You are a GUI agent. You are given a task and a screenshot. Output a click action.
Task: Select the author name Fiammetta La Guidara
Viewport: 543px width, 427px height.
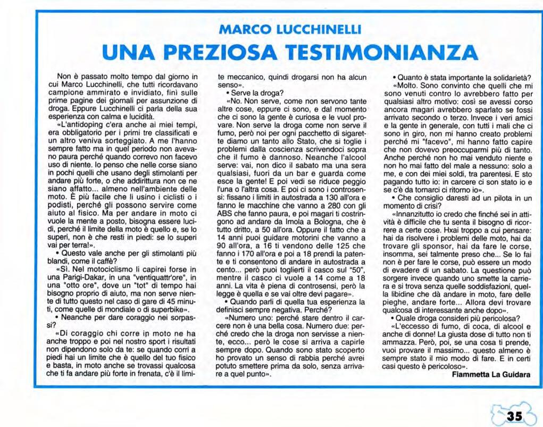[491, 374]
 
